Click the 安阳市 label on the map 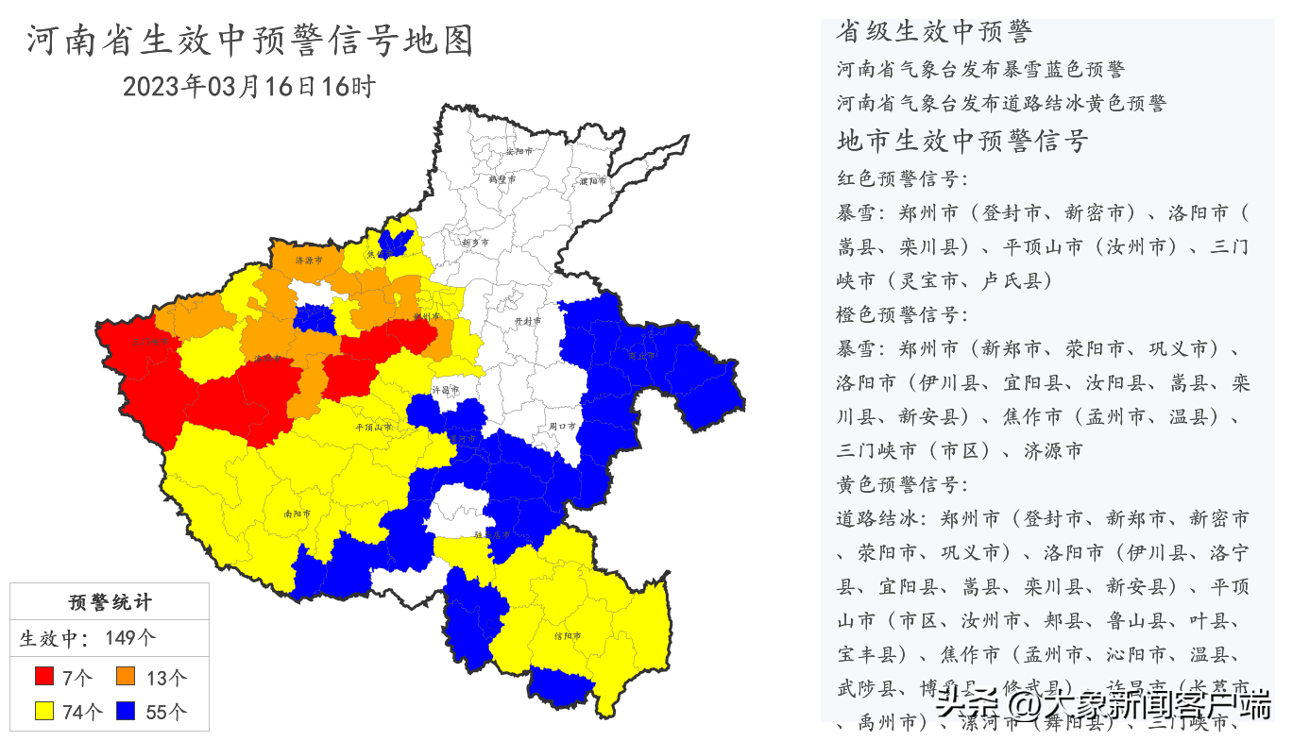pyautogui.click(x=519, y=151)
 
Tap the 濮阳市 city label pyautogui.click(x=594, y=179)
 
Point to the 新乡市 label pyautogui.click(x=475, y=243)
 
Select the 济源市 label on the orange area pyautogui.click(x=309, y=260)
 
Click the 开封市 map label pyautogui.click(x=528, y=322)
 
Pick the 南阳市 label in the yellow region pyautogui.click(x=297, y=514)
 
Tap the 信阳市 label pyautogui.click(x=567, y=635)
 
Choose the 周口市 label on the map pyautogui.click(x=563, y=427)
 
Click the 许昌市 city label pyautogui.click(x=445, y=389)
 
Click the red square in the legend pyautogui.click(x=43, y=676)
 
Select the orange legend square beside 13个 pyautogui.click(x=127, y=676)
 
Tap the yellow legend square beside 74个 pyautogui.click(x=43, y=711)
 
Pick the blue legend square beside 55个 pyautogui.click(x=127, y=711)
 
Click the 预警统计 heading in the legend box pyautogui.click(x=110, y=602)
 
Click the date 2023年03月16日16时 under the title pyautogui.click(x=249, y=87)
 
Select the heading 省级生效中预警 pyautogui.click(x=933, y=31)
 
